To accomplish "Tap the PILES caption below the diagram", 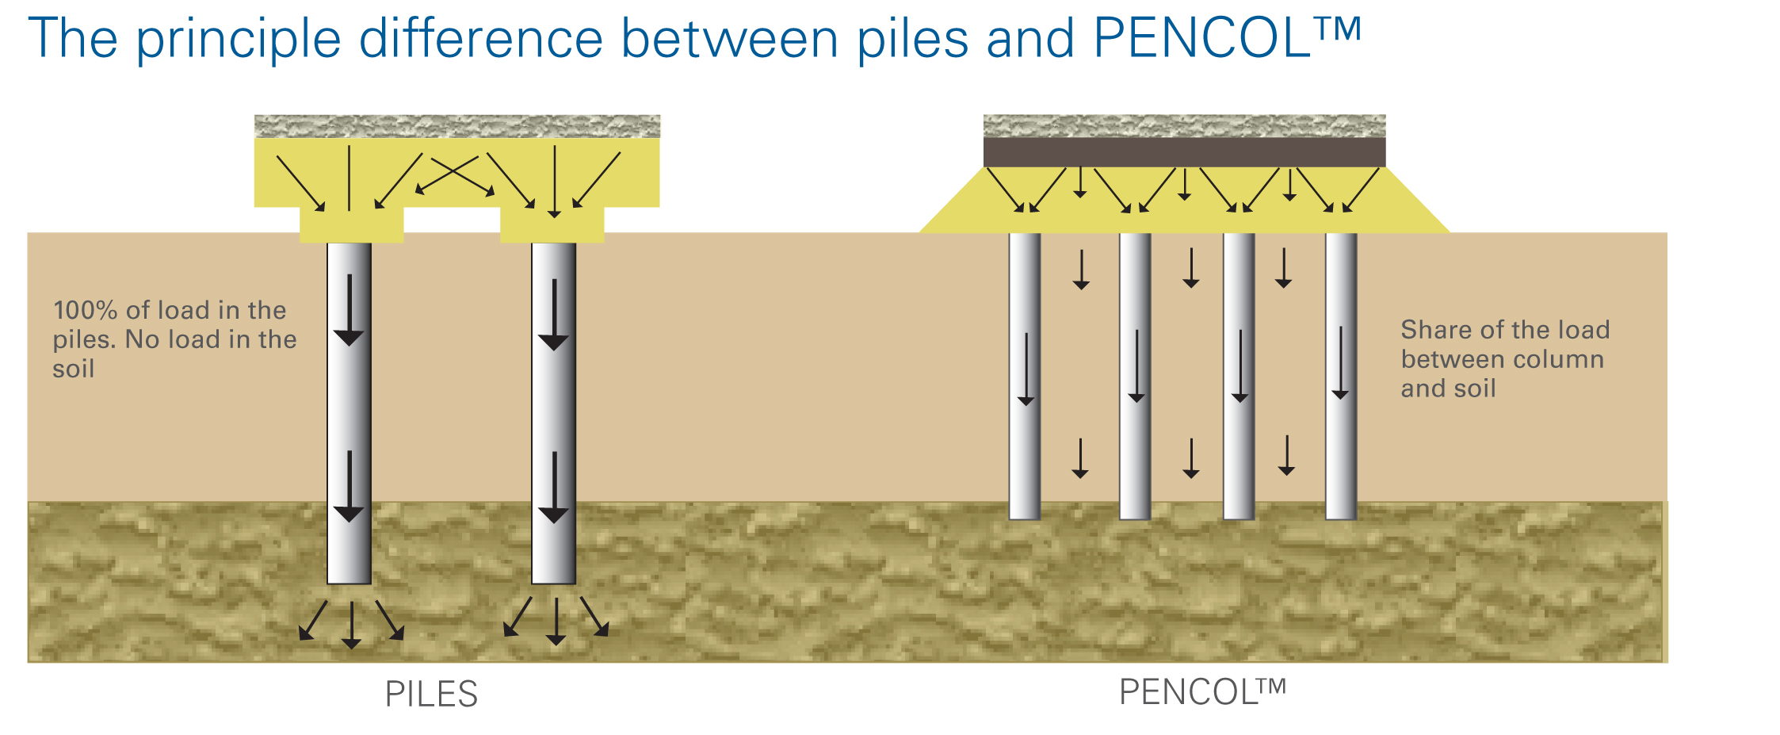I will [x=431, y=694].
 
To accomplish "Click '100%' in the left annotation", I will [x=85, y=310].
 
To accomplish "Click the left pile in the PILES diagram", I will [x=350, y=412].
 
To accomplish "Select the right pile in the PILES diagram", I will [x=554, y=412].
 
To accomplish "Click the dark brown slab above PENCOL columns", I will [x=1184, y=151].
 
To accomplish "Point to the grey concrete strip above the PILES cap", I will [x=456, y=126].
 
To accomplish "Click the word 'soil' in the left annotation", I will [x=74, y=369].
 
